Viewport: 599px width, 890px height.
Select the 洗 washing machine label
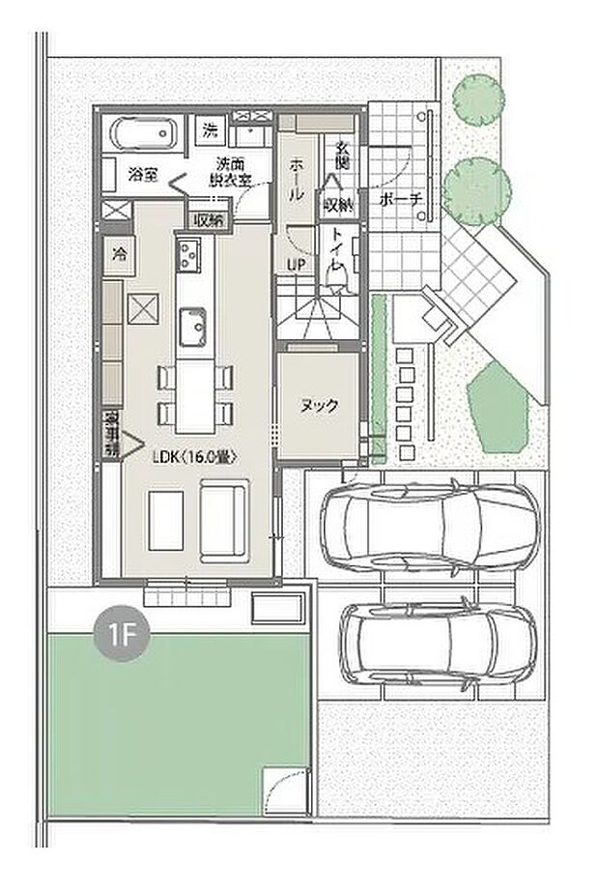(x=210, y=129)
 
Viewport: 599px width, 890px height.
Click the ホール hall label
(x=297, y=179)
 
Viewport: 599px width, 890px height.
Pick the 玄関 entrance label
(x=342, y=155)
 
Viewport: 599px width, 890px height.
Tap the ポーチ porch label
(x=401, y=200)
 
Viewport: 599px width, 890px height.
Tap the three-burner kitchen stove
(x=187, y=255)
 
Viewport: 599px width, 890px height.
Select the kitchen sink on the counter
(x=190, y=324)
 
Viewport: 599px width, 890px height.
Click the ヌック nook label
(x=319, y=406)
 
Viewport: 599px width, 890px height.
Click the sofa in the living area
(x=223, y=523)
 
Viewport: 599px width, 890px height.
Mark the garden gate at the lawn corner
(x=287, y=791)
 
